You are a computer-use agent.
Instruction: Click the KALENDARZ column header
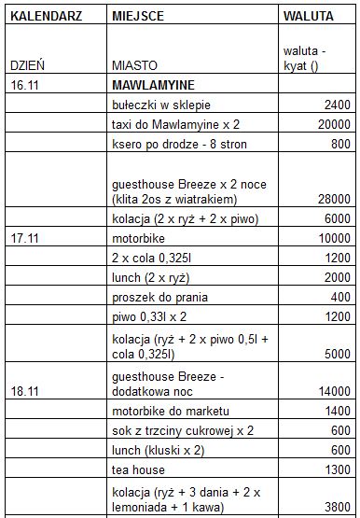(43, 16)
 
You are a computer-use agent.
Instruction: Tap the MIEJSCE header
(139, 16)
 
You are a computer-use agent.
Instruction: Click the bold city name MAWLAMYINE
(156, 84)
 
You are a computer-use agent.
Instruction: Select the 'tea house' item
(137, 469)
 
